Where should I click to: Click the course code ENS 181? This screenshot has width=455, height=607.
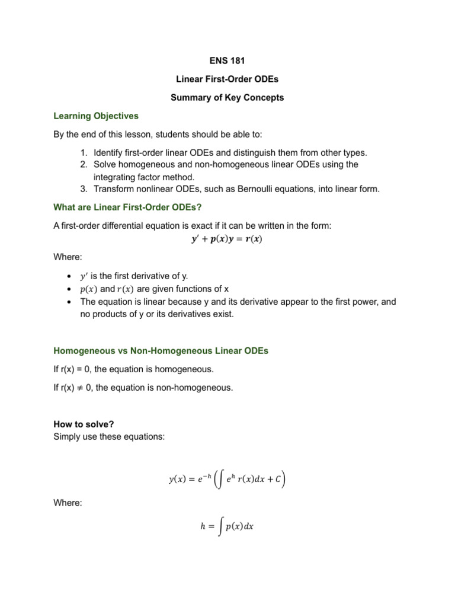(227, 60)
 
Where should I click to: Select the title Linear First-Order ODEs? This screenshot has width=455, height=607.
(227, 79)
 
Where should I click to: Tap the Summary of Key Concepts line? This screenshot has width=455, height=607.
(227, 98)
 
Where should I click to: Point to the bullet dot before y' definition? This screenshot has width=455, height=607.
(70, 277)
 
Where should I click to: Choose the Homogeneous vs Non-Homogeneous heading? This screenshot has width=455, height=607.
(161, 351)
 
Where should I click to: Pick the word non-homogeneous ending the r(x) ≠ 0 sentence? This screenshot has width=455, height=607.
(192, 388)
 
